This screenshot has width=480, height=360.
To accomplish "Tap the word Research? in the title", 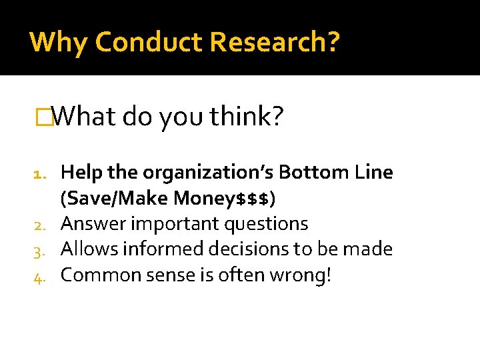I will coord(275,42).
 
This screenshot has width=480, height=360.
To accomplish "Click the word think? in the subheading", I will coord(247,117).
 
